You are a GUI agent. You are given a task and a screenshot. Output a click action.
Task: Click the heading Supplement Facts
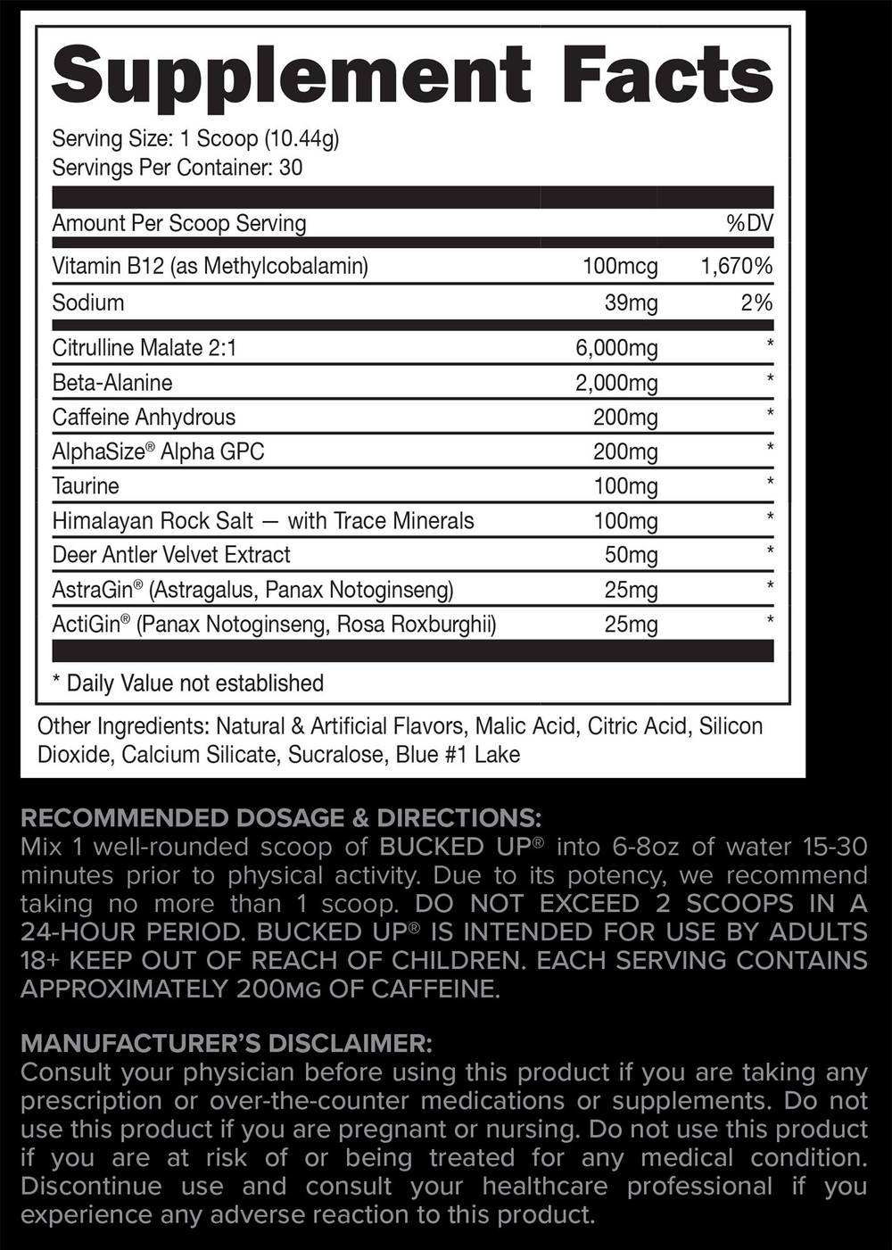click(412, 74)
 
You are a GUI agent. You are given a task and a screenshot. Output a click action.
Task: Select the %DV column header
click(749, 223)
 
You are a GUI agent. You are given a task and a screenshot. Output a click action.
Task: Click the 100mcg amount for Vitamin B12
click(620, 266)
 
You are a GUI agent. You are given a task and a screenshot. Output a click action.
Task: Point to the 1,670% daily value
click(737, 266)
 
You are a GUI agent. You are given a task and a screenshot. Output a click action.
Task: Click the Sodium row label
click(88, 302)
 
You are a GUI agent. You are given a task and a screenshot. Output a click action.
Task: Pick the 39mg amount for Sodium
click(631, 303)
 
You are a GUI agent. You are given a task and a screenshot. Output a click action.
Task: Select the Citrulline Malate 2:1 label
click(145, 347)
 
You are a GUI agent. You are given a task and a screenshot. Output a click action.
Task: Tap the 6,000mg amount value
click(616, 348)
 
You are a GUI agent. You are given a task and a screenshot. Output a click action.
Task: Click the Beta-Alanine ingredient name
click(112, 383)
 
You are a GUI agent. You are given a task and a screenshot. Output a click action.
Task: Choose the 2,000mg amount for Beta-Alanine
click(616, 384)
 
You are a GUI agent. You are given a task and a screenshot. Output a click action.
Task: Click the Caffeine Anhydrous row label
click(144, 417)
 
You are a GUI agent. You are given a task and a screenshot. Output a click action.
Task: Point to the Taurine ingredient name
click(86, 486)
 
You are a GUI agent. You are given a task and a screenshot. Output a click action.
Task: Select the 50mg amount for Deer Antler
click(631, 555)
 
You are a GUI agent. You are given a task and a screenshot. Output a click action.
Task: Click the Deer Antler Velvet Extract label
click(171, 555)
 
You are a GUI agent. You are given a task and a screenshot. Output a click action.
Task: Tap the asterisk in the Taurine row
click(770, 483)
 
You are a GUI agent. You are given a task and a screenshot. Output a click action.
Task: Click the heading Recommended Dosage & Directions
click(280, 818)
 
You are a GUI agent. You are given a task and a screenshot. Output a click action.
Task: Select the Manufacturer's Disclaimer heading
click(227, 1043)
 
